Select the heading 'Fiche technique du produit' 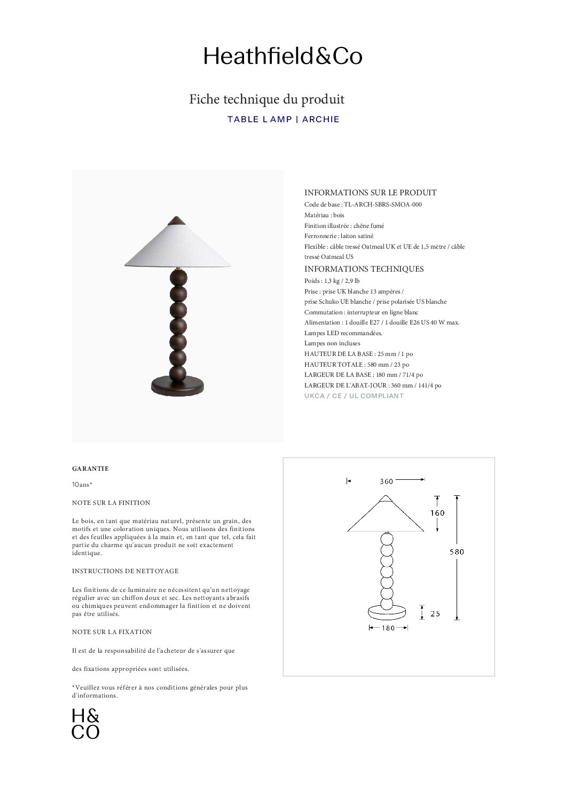pyautogui.click(x=266, y=99)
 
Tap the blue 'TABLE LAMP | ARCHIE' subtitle pyautogui.click(x=283, y=120)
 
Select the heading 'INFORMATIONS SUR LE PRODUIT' pyautogui.click(x=370, y=193)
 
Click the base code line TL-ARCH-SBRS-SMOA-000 pyautogui.click(x=359, y=204)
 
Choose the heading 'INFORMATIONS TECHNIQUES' pyautogui.click(x=364, y=269)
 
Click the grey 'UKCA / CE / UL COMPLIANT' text pyautogui.click(x=354, y=396)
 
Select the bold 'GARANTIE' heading pyautogui.click(x=90, y=469)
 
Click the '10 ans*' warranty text pyautogui.click(x=82, y=485)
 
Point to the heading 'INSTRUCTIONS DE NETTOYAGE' pyautogui.click(x=125, y=571)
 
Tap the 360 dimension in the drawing pyautogui.click(x=386, y=481)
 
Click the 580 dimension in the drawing pyautogui.click(x=457, y=552)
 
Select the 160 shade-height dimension pyautogui.click(x=437, y=513)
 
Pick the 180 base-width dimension pyautogui.click(x=388, y=628)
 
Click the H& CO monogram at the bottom pyautogui.click(x=85, y=724)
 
